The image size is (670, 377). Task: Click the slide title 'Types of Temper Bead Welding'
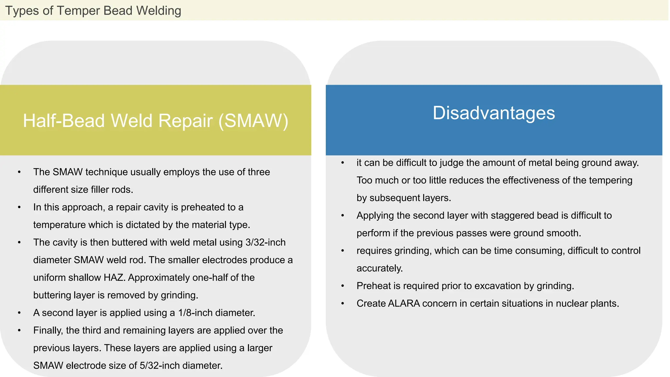[x=93, y=10]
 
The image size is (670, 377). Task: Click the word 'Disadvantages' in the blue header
[x=494, y=113]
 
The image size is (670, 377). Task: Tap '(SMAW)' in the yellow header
[x=253, y=120]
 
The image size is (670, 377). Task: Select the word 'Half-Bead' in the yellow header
[x=64, y=120]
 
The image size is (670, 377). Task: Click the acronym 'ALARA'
[x=404, y=303]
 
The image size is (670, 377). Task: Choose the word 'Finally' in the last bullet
[x=47, y=330]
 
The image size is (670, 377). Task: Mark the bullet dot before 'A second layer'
[x=19, y=313]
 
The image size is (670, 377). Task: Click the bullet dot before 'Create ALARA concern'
[x=343, y=304]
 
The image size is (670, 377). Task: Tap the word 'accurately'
[x=379, y=268]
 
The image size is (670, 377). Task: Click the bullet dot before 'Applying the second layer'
[x=343, y=216]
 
